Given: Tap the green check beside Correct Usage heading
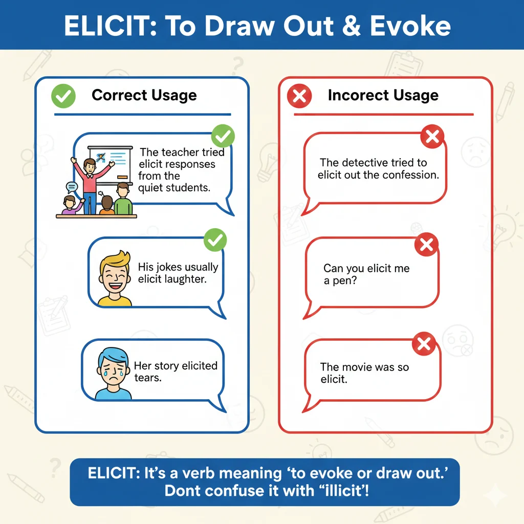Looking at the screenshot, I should pyautogui.click(x=63, y=96).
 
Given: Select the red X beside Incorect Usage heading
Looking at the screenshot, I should pyautogui.click(x=299, y=96).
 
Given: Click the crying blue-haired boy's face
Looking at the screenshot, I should pyautogui.click(x=113, y=370).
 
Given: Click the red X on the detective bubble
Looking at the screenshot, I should pyautogui.click(x=432, y=136).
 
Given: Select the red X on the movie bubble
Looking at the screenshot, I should pyautogui.click(x=424, y=344).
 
